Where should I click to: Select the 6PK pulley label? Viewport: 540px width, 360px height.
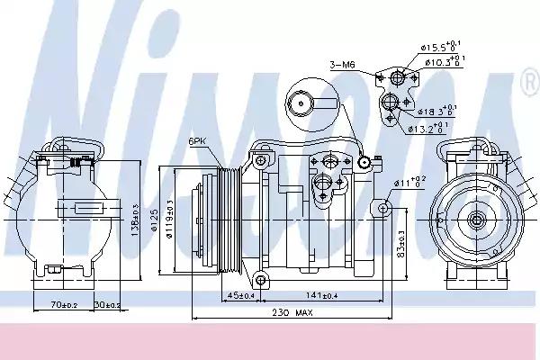(199, 142)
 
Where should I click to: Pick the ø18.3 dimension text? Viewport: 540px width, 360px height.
(435, 112)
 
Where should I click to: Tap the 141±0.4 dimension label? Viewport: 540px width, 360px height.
(321, 294)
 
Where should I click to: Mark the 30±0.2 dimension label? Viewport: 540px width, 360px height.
(108, 305)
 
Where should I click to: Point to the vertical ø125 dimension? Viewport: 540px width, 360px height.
(154, 220)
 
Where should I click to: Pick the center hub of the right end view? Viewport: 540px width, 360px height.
(474, 220)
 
